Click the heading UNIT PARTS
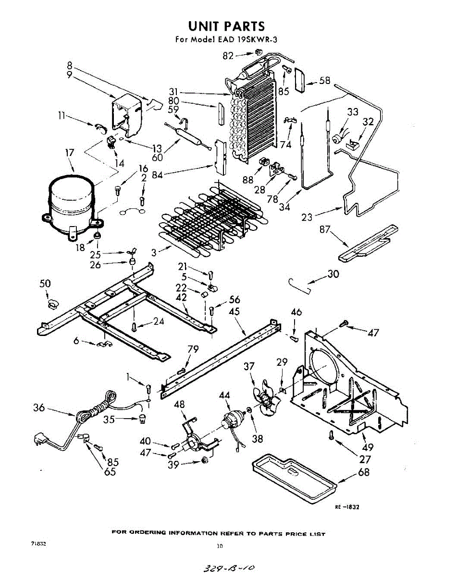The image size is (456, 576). tap(226, 25)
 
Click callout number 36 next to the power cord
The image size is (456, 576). tap(39, 408)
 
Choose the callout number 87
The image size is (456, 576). tap(325, 229)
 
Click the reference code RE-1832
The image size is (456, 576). tap(347, 507)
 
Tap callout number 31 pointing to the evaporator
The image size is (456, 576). tap(174, 92)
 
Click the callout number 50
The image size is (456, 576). tap(45, 284)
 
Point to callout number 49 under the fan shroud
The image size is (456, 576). tap(368, 447)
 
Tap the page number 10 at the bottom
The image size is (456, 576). tap(220, 546)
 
